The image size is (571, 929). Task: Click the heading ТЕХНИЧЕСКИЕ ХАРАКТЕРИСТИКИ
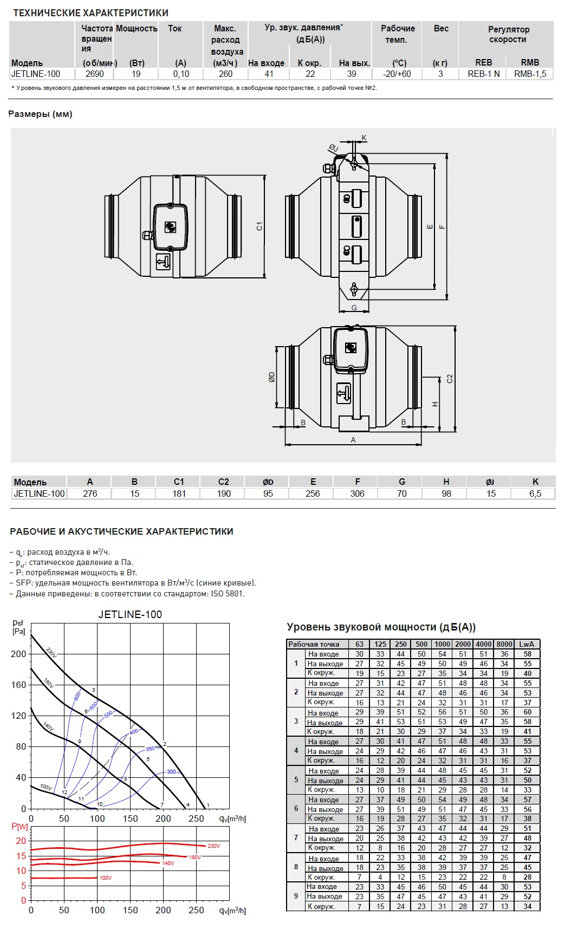[x=90, y=12]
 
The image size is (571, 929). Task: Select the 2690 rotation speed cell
[x=95, y=74]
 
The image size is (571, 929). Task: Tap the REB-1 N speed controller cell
[x=484, y=74]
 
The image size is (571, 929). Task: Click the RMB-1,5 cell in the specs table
[x=530, y=74]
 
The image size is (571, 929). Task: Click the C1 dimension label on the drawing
[x=259, y=226]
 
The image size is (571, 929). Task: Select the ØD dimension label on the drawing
[x=272, y=376]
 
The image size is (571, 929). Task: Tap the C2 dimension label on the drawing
[x=450, y=379]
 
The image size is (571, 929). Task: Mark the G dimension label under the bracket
[x=354, y=308]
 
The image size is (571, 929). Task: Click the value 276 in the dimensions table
[x=90, y=493]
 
